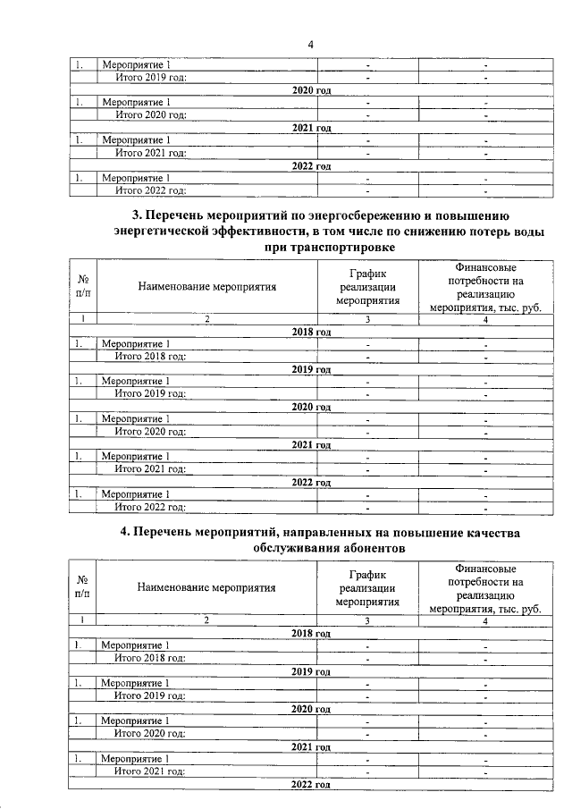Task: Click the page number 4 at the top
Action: (x=310, y=45)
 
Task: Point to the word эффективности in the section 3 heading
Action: (x=254, y=232)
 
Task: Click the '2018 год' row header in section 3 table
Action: (x=312, y=332)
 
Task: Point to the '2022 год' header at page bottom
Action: (x=312, y=784)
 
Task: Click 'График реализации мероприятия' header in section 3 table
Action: (x=367, y=287)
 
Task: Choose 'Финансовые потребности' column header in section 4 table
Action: (x=484, y=588)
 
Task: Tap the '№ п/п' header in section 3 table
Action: (x=82, y=287)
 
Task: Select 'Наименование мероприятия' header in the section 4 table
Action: (x=206, y=588)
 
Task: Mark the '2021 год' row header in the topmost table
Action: (x=312, y=128)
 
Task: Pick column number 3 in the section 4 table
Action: (x=367, y=620)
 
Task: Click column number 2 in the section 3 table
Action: (x=206, y=319)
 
